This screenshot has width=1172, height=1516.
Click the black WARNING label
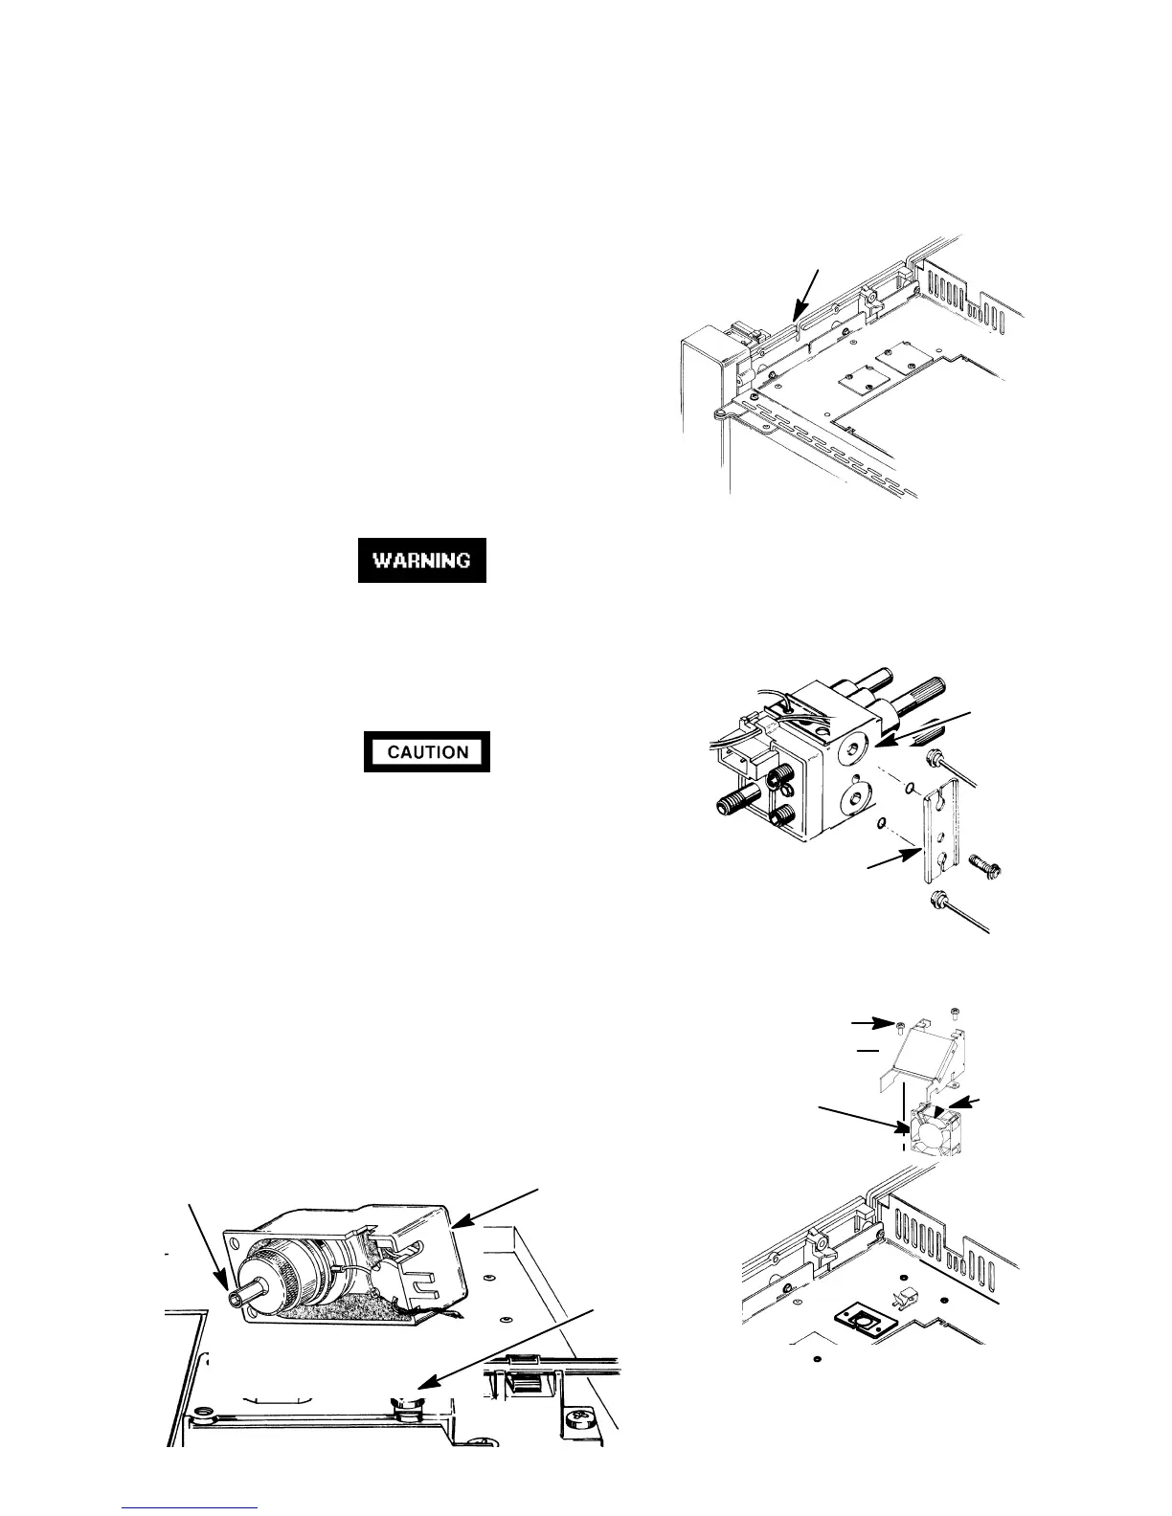tap(422, 560)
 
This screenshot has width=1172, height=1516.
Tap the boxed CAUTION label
tap(427, 751)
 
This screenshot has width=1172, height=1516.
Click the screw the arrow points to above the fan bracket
tap(901, 1027)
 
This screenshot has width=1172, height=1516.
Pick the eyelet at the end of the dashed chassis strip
tap(717, 413)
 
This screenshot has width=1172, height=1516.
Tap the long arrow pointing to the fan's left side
tap(862, 1123)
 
